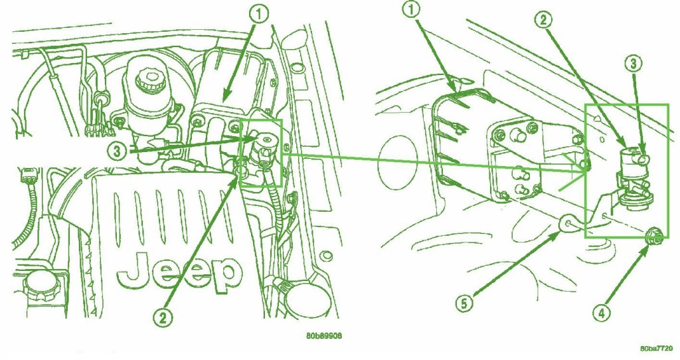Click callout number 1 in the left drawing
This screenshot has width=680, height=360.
[259, 15]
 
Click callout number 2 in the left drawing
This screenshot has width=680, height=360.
[163, 318]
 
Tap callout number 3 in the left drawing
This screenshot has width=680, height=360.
[118, 151]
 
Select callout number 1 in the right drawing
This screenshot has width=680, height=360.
[412, 9]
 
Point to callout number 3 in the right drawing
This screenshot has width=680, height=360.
[634, 64]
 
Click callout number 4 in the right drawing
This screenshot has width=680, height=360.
[602, 313]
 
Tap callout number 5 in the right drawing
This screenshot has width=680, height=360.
[464, 304]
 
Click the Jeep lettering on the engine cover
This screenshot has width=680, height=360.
[179, 272]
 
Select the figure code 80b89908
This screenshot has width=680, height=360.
[323, 335]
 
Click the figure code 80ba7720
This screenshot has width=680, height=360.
[657, 348]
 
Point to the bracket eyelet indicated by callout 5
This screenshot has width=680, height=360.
[568, 223]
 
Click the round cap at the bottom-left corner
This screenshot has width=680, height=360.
[41, 286]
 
